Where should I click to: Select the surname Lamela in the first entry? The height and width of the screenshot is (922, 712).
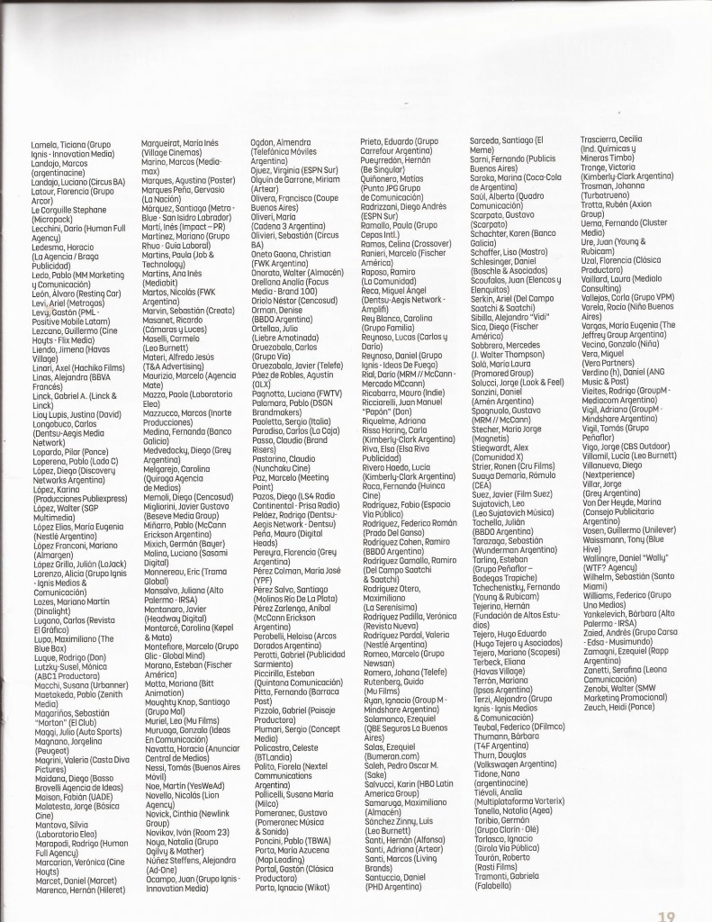47,144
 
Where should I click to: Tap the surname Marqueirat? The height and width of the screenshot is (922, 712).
163,144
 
